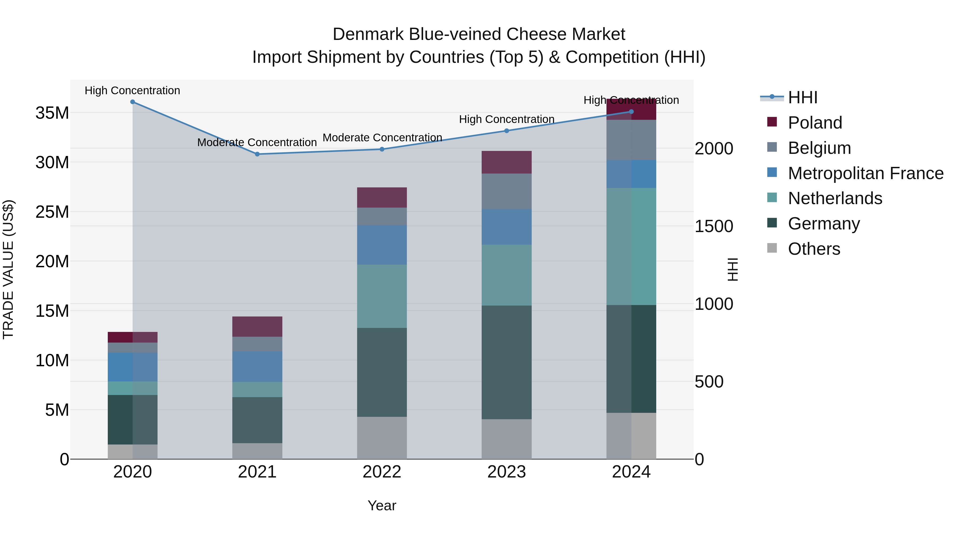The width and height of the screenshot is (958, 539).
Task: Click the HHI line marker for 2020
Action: point(133,102)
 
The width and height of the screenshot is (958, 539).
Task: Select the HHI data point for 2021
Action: point(257,154)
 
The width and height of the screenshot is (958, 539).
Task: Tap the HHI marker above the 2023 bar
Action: point(506,131)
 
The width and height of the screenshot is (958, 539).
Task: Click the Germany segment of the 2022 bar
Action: point(382,372)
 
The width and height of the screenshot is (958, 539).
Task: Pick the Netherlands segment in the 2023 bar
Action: point(506,275)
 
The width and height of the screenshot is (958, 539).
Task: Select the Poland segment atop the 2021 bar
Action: point(257,326)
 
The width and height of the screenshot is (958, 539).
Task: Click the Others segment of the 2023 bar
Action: point(506,439)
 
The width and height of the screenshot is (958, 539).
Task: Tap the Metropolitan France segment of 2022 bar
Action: point(382,245)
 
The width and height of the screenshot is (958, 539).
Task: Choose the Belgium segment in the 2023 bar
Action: point(506,191)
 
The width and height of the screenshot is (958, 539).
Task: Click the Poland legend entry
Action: point(815,122)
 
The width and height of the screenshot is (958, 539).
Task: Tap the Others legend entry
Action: point(814,249)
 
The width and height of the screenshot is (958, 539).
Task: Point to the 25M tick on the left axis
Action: point(52,212)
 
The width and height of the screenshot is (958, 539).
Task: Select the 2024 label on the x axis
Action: point(631,472)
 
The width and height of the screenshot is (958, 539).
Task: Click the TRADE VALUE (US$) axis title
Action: point(8,269)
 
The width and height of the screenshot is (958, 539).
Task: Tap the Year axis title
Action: point(382,505)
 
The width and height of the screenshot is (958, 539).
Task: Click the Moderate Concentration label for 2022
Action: point(382,138)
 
